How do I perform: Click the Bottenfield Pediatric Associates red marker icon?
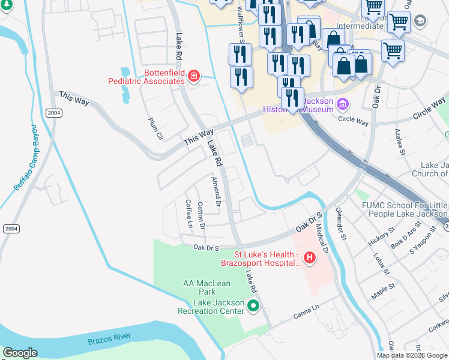point(193,76)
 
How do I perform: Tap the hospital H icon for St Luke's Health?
point(309,258)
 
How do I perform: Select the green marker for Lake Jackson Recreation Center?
point(253,306)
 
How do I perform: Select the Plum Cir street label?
point(155,128)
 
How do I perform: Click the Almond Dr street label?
point(217,192)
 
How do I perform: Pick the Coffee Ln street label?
point(188,214)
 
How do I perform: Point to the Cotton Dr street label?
point(201,216)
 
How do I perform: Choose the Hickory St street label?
point(382,235)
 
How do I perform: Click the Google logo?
point(20,353)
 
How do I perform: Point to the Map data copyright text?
point(412,355)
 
